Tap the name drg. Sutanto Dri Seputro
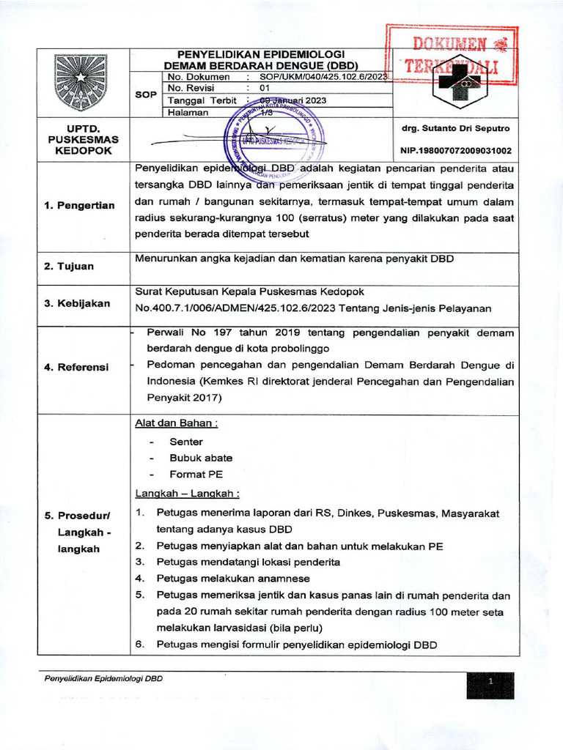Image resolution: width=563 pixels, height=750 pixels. pos(455,128)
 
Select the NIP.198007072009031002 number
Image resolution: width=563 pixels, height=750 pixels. pos(455,151)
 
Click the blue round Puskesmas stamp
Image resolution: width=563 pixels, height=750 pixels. pos(276,141)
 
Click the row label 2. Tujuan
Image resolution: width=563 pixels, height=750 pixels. pos(70,266)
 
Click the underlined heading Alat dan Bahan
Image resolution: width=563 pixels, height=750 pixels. pos(176,423)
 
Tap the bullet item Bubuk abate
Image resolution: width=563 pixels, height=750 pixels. pos(191,458)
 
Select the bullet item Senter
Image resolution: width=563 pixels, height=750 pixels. pos(186,442)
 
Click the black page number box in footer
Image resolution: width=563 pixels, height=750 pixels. pos(490,685)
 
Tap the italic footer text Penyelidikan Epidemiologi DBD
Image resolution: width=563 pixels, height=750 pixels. pos(103,679)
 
